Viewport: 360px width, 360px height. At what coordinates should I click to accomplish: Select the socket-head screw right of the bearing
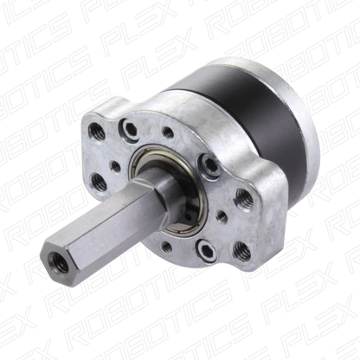(x=210, y=166)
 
